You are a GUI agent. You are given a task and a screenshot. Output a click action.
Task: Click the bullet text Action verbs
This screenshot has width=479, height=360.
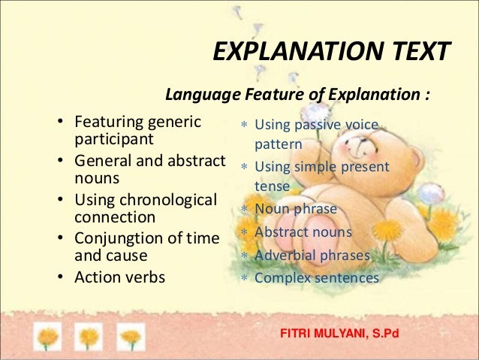[119, 277]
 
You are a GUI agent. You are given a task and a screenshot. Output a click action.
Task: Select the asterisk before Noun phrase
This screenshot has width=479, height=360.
[244, 210]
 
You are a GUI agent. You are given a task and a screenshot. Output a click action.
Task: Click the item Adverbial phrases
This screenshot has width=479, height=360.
[312, 256]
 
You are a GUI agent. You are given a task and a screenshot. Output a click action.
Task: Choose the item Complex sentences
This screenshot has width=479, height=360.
[317, 278]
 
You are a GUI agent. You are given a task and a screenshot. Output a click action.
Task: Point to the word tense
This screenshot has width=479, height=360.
[272, 185]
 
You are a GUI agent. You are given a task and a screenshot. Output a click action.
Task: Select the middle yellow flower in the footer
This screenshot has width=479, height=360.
[89, 335]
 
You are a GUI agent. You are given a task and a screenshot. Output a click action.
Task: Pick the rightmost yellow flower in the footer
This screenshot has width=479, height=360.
[131, 335]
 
